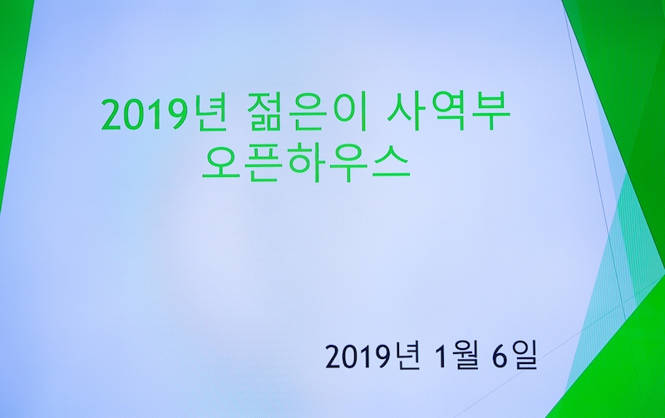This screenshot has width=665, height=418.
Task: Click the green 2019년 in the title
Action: click(160, 116)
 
